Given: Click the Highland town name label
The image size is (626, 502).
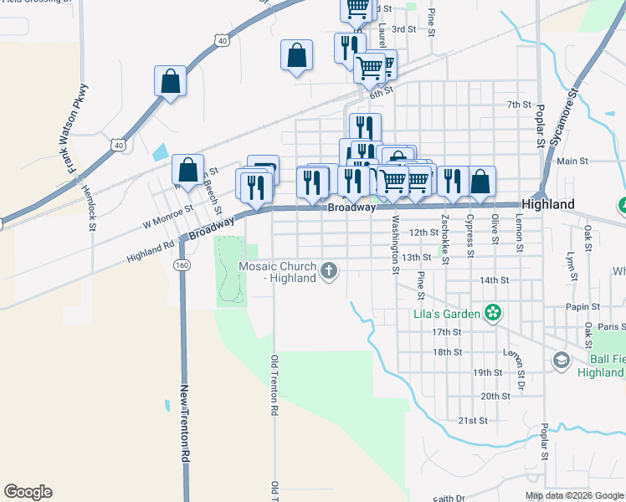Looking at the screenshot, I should click(547, 204).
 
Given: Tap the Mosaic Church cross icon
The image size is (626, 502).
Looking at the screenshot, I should click(330, 269).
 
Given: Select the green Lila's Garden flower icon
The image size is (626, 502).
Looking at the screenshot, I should click(493, 314).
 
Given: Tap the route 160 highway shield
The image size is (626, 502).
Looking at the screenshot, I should click(181, 264).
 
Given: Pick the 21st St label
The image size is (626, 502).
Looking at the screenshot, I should click(472, 420).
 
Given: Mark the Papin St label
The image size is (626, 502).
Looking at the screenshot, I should click(578, 307).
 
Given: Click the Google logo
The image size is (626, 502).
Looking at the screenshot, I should click(28, 492).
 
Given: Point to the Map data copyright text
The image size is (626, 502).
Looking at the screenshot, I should click(574, 495).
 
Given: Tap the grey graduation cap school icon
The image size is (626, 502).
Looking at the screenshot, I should click(561, 360).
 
